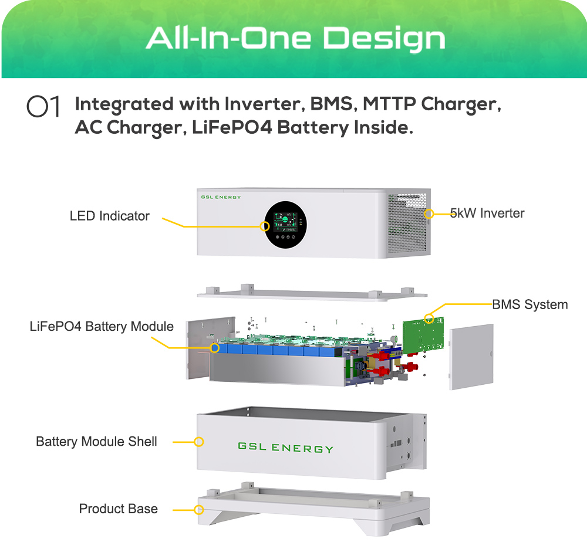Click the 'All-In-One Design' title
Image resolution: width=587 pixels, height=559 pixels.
coord(295,39)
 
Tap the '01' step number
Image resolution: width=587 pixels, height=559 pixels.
coord(43,106)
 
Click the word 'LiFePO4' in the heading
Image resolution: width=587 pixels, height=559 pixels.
coord(232,128)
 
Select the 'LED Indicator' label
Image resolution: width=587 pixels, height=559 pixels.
coord(109,216)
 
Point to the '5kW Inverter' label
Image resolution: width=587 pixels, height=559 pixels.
coord(487,214)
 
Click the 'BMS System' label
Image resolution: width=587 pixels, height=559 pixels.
coord(529,304)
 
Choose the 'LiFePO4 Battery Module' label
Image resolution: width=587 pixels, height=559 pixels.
coord(102,326)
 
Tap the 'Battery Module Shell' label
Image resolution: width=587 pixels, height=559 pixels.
coord(96,442)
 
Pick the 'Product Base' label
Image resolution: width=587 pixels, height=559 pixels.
coord(119,509)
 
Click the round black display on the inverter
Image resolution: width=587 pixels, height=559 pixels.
coord(286,225)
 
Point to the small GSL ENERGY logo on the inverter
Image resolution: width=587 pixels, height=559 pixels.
coord(221,197)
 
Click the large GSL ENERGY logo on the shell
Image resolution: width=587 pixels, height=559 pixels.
coord(285,448)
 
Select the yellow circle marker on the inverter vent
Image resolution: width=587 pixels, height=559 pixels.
coord(429,214)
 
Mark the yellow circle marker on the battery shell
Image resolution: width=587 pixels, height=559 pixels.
coord(199,442)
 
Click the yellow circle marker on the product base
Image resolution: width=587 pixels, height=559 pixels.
coord(199,510)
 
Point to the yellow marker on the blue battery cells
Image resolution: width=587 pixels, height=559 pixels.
coord(214,348)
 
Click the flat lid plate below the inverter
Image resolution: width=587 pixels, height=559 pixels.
coord(312,293)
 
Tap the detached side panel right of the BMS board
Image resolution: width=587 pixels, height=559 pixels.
coord(471,357)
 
